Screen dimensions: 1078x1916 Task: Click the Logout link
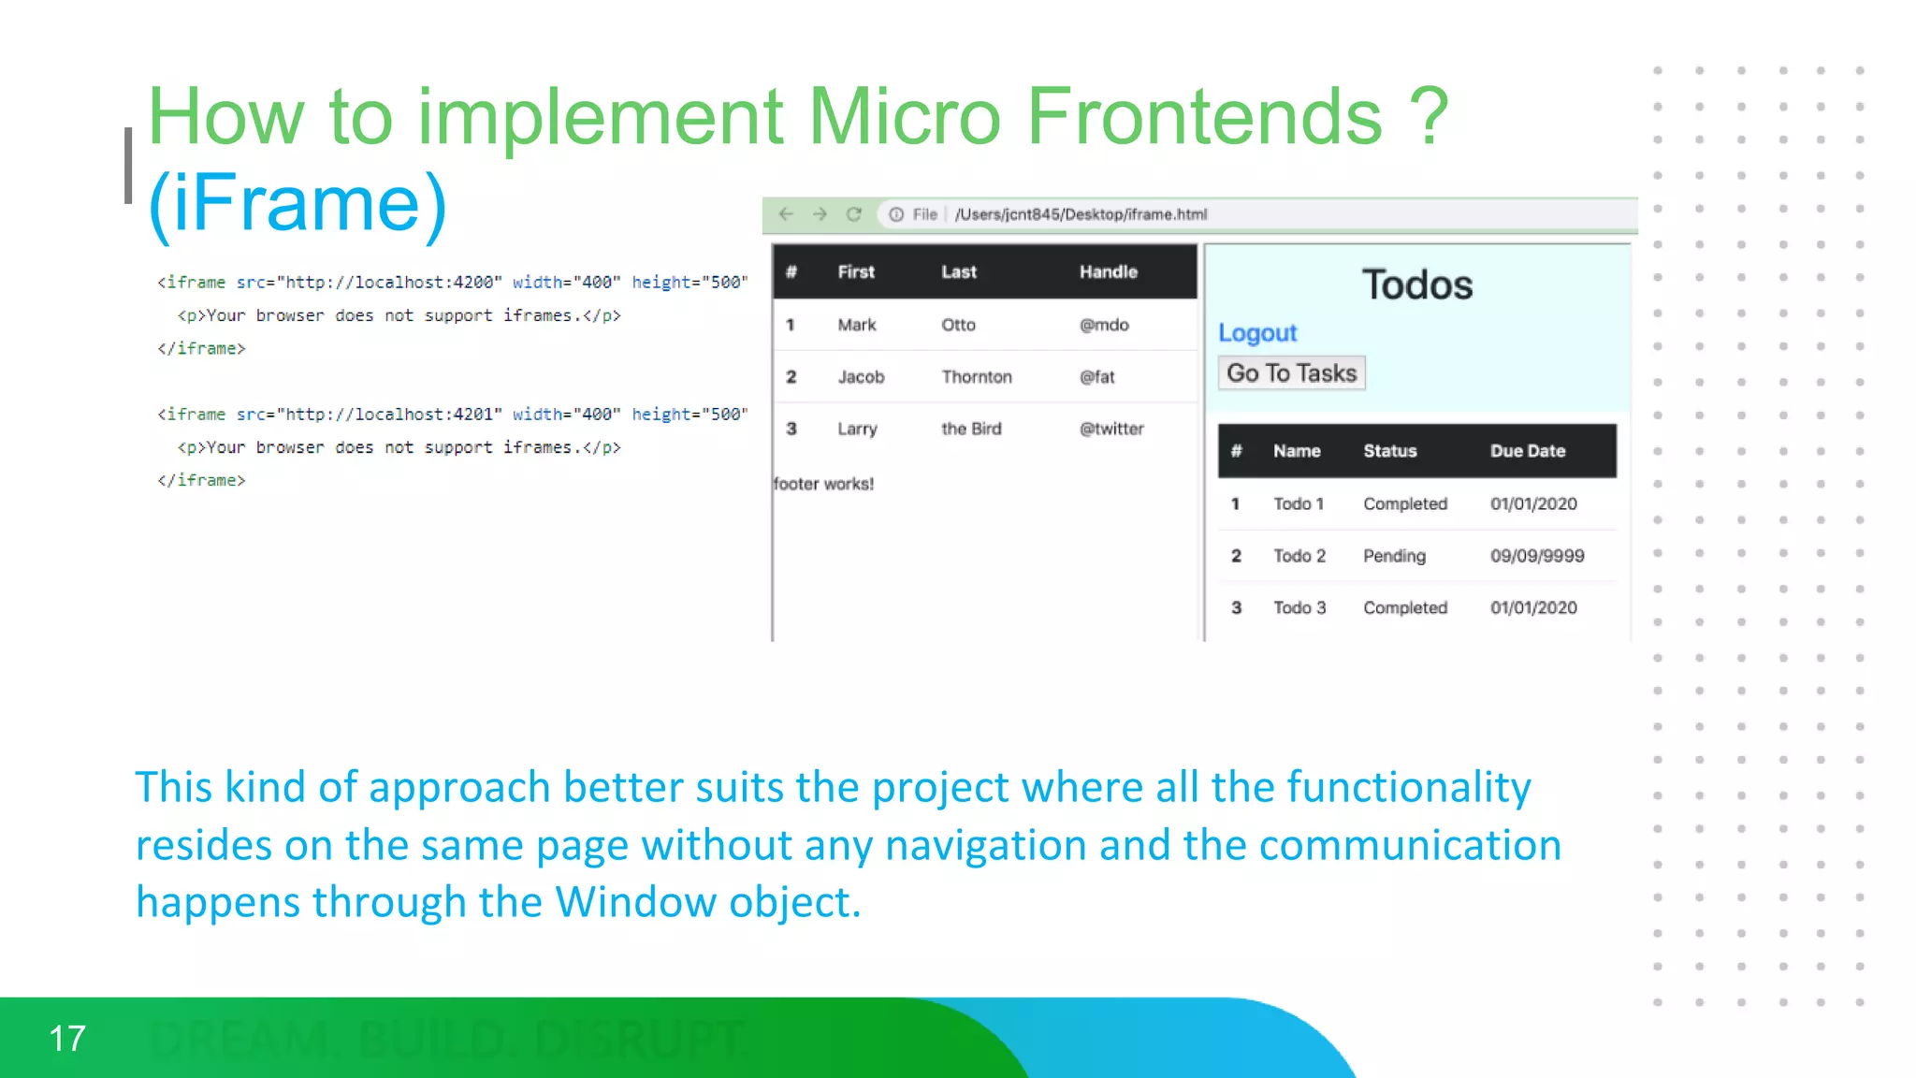tap(1256, 333)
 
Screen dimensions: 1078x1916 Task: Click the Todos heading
tap(1416, 284)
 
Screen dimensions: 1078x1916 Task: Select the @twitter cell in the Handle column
tap(1111, 429)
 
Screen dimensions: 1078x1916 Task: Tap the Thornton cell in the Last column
tap(976, 377)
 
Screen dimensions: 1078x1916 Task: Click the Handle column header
tap(1108, 272)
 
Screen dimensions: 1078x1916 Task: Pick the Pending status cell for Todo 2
tap(1394, 556)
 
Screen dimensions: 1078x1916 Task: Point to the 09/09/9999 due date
tap(1536, 556)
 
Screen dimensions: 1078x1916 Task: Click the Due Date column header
tap(1527, 451)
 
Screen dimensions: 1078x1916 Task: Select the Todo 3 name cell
tap(1299, 608)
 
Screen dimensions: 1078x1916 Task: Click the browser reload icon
tap(853, 214)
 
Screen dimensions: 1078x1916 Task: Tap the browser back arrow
tap(786, 214)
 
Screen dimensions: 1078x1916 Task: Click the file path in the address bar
tap(1081, 214)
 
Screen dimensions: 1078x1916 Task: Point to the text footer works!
tap(823, 484)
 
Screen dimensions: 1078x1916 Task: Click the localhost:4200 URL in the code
tap(390, 283)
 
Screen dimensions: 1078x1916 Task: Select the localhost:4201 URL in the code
tap(390, 415)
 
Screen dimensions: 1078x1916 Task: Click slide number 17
tap(67, 1039)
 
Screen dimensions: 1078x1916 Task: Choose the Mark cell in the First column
tap(856, 325)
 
